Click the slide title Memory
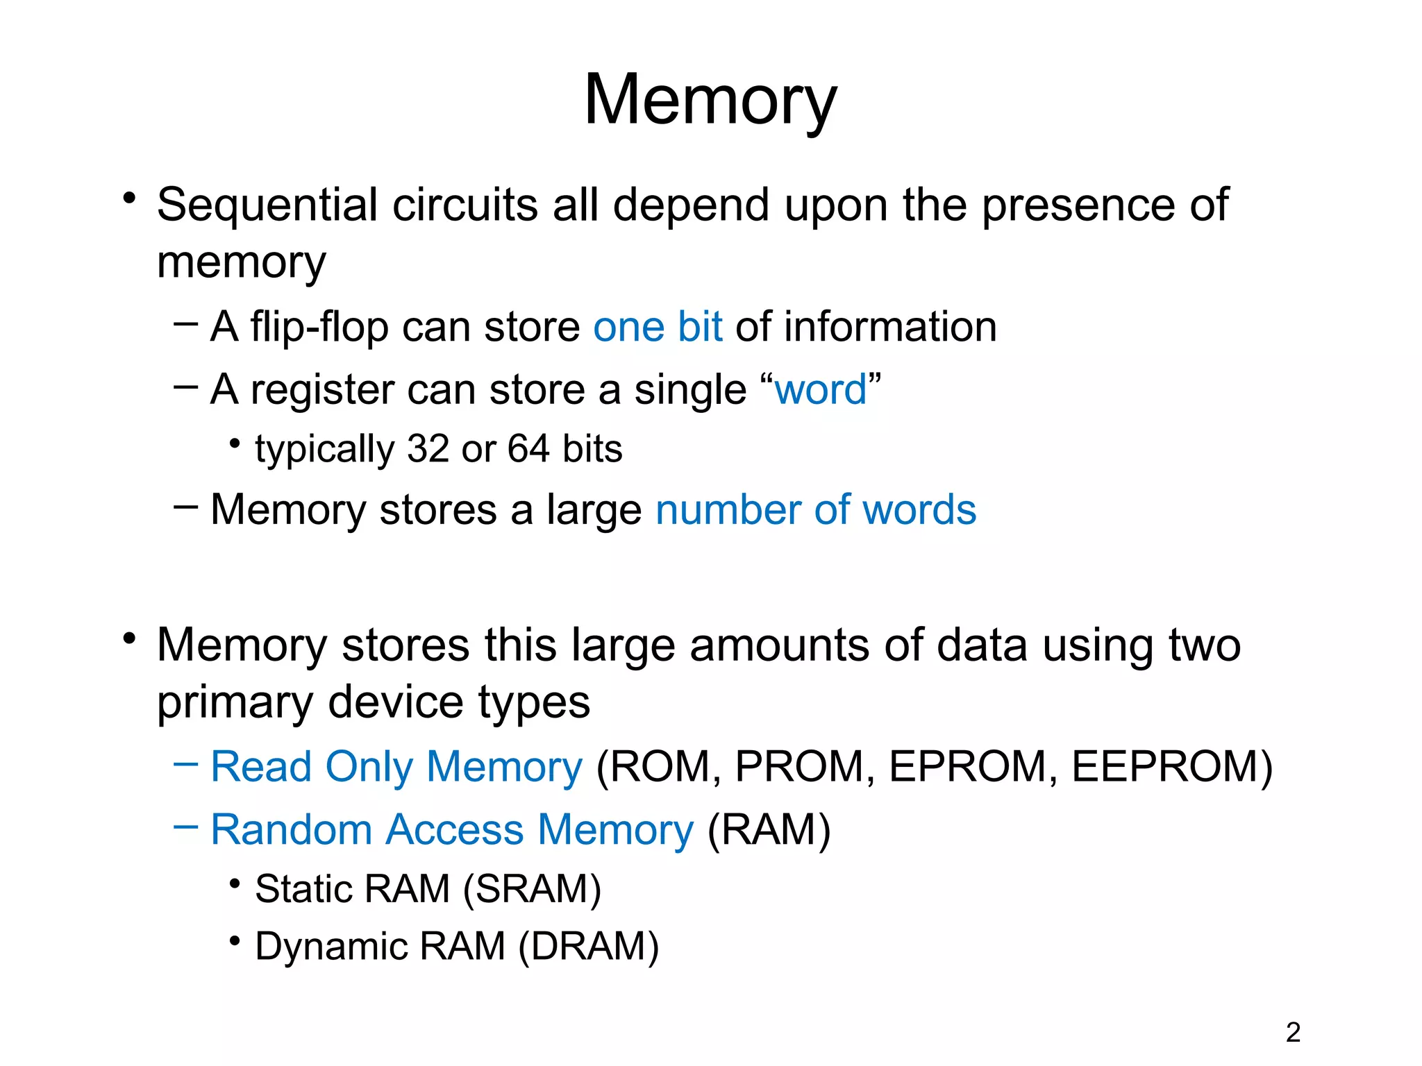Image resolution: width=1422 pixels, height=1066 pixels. [x=710, y=101]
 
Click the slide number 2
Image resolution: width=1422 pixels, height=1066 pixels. [x=1293, y=1033]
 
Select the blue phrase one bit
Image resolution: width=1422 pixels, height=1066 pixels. [x=657, y=327]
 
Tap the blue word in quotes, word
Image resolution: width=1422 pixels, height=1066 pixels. [x=820, y=389]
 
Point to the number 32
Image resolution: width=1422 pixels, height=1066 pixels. [x=428, y=449]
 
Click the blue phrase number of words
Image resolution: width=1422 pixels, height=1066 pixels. [x=816, y=510]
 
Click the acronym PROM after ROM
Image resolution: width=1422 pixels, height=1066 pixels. [x=798, y=767]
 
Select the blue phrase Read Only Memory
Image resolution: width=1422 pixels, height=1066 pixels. [x=396, y=767]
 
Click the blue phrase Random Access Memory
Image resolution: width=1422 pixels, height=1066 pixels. [x=452, y=830]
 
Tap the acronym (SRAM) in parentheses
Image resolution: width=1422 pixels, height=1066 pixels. [x=532, y=889]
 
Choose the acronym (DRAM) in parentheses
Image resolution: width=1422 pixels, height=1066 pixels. [x=589, y=947]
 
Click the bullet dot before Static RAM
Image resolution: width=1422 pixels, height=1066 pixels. [x=235, y=883]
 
